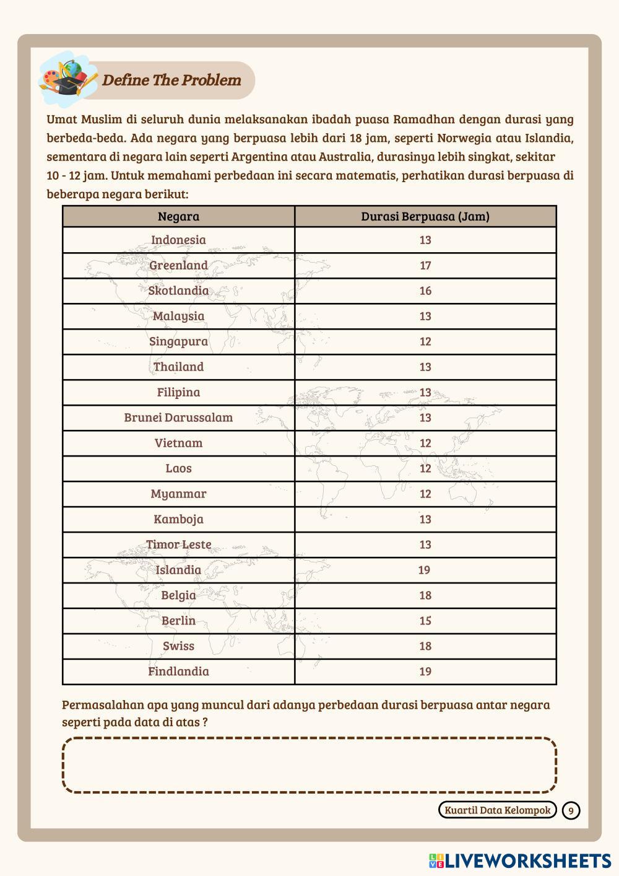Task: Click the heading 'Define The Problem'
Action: tap(171, 80)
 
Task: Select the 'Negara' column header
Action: tap(178, 216)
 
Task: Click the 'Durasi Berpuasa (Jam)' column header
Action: tap(425, 216)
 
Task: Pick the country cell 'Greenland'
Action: tap(178, 265)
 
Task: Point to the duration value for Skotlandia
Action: tap(425, 291)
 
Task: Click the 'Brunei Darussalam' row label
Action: tap(178, 418)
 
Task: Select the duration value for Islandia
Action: tap(424, 570)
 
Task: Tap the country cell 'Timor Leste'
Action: tap(178, 545)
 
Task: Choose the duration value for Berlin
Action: tap(425, 621)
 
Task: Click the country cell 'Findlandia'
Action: tap(178, 672)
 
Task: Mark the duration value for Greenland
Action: tap(425, 265)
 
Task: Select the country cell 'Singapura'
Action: tap(178, 341)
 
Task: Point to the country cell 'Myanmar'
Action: tap(178, 494)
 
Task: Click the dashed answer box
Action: tap(309, 765)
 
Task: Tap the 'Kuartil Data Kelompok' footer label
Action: tap(498, 810)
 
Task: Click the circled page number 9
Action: tap(571, 810)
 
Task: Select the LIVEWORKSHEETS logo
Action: tap(520, 861)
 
